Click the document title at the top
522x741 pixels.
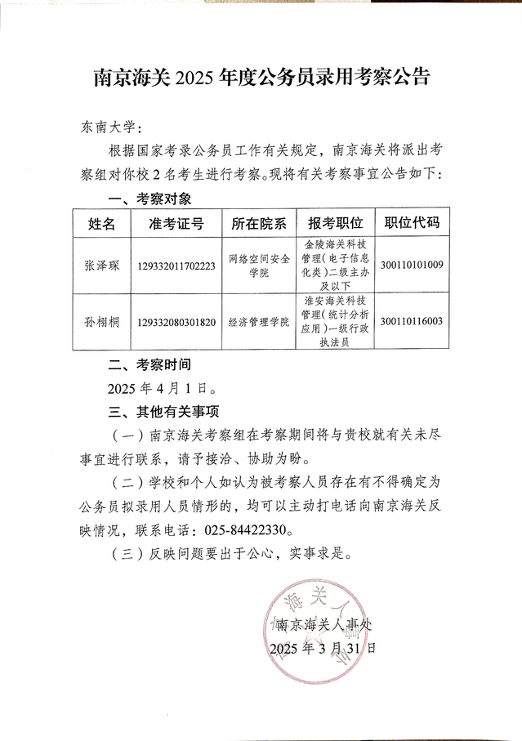[261, 78]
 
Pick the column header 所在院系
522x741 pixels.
[258, 223]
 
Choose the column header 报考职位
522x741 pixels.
[335, 223]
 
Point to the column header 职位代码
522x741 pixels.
[412, 222]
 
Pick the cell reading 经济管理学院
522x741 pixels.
[258, 322]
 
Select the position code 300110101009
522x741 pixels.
[412, 266]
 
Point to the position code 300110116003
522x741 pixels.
[412, 321]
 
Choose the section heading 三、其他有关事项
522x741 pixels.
[163, 409]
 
